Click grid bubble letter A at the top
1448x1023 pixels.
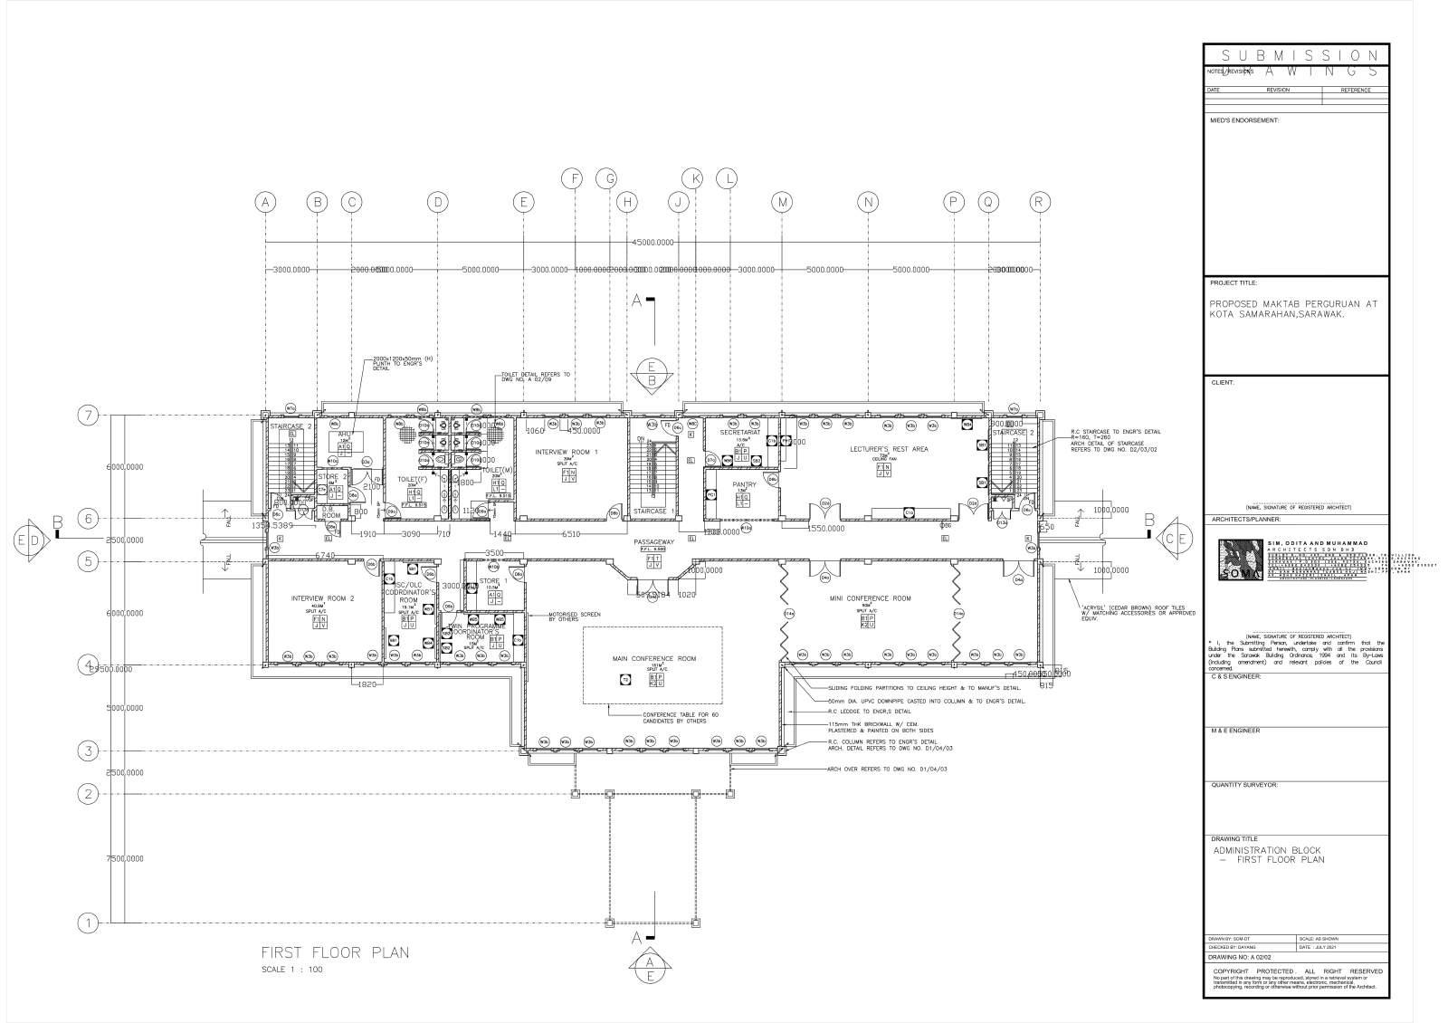265,203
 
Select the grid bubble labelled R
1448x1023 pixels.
1040,203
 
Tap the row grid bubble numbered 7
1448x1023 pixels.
88,416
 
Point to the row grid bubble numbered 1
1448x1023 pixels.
88,923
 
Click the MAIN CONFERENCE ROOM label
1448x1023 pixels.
653,659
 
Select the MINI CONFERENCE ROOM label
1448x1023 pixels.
871,598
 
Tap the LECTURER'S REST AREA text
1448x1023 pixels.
889,449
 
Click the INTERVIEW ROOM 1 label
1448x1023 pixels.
567,451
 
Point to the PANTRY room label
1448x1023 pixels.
744,485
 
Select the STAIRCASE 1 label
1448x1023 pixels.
654,511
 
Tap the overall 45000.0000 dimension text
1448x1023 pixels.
653,243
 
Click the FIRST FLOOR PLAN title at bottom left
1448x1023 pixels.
335,952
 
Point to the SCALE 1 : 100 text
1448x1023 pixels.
291,970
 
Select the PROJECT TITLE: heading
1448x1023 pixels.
1234,282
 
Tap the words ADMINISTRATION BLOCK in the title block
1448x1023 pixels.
1267,851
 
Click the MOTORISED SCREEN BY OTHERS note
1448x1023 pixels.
575,617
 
